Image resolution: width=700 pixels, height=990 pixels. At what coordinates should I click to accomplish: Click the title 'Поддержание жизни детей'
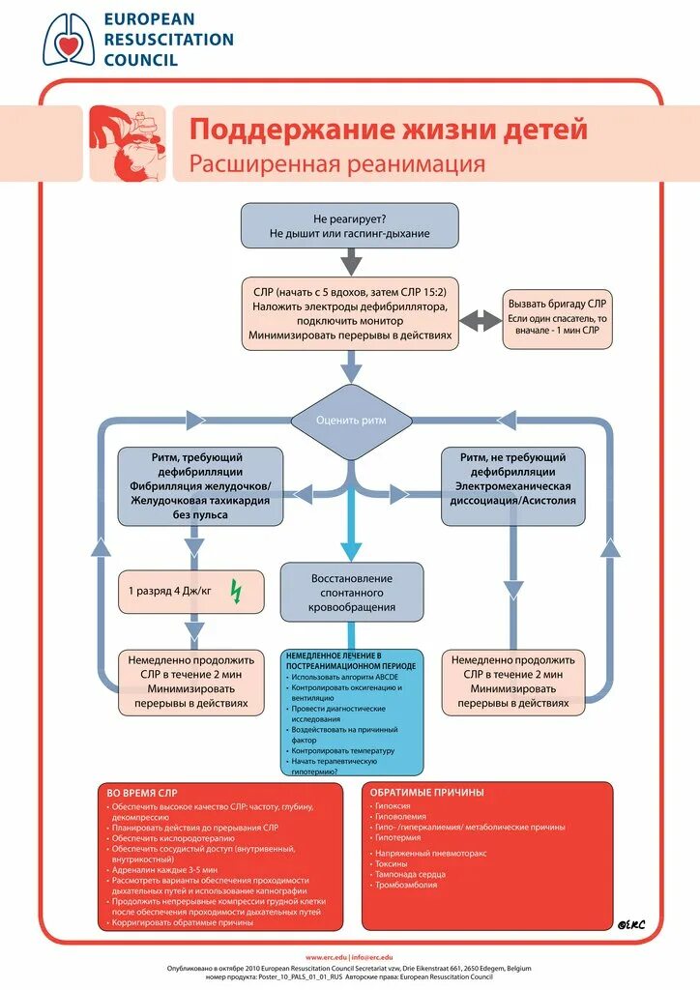388,130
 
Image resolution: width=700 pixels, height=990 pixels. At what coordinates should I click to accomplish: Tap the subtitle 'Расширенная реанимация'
336,163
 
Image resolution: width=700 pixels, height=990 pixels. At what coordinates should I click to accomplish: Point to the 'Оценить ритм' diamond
351,421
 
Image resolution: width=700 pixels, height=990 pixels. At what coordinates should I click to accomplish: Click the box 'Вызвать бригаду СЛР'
558,318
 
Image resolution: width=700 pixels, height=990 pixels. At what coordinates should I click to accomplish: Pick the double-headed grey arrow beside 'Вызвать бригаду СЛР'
477,320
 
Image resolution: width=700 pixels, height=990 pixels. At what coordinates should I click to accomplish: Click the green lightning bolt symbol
235,591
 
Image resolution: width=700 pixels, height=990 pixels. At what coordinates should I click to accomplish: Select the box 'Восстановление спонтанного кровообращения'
352,592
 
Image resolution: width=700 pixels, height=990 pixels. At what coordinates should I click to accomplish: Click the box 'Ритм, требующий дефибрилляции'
200,486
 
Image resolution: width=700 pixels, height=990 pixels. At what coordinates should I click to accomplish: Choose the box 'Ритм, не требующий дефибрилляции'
512,486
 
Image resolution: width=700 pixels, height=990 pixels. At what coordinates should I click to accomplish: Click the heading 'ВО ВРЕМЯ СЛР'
143,793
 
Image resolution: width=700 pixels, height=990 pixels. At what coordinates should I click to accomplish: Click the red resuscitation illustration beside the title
128,143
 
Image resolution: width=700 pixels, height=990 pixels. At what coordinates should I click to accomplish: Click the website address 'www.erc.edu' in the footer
326,957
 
